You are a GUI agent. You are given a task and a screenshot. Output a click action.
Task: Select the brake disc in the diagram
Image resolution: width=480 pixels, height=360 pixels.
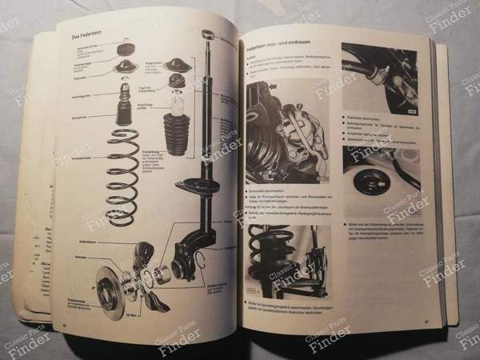tap(116, 281)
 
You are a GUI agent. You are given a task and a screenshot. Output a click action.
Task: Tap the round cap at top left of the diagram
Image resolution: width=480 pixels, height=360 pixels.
tap(125, 50)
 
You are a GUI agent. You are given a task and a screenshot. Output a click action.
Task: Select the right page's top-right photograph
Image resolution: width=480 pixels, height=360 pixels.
tap(380, 76)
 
